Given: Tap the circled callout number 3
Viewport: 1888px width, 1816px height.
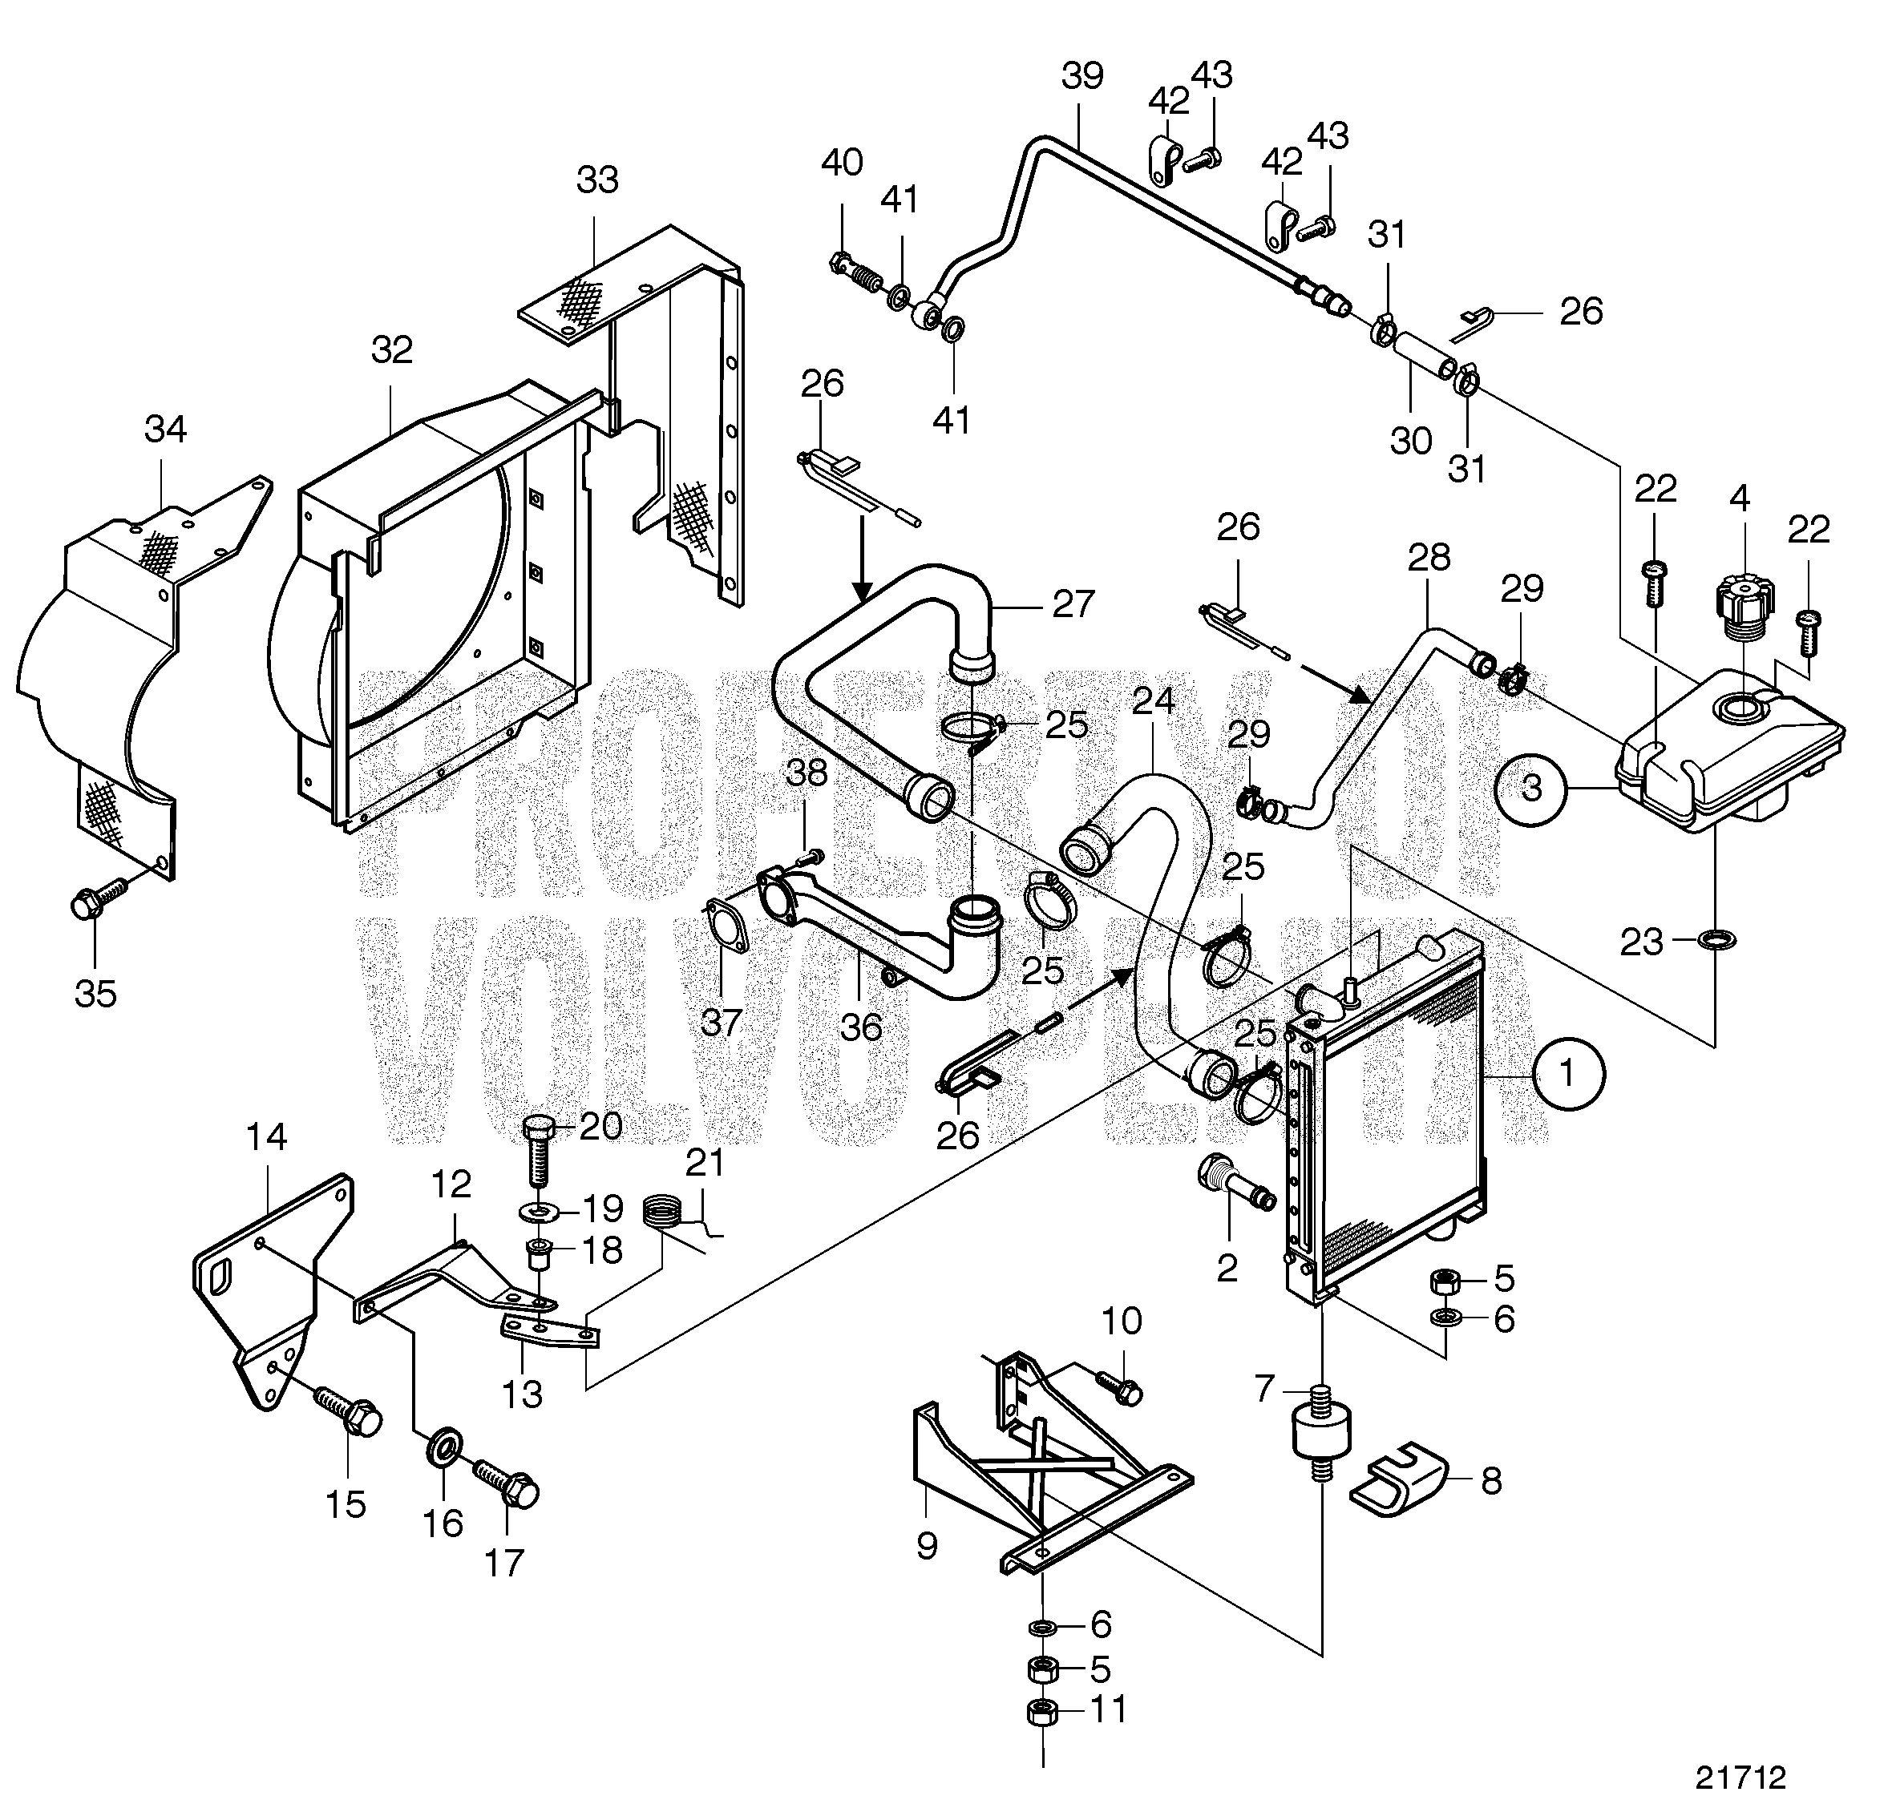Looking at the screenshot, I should click(x=1530, y=789).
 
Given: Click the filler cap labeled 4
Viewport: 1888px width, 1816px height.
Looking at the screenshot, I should click(x=1739, y=611).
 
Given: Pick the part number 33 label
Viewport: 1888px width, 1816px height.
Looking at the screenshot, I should click(x=597, y=180).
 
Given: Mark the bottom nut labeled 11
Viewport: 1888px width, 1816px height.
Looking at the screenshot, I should click(x=1042, y=1711).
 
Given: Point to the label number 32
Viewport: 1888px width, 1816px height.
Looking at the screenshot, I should click(x=392, y=349).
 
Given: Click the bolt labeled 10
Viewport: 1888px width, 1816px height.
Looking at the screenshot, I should click(x=1119, y=1387).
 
